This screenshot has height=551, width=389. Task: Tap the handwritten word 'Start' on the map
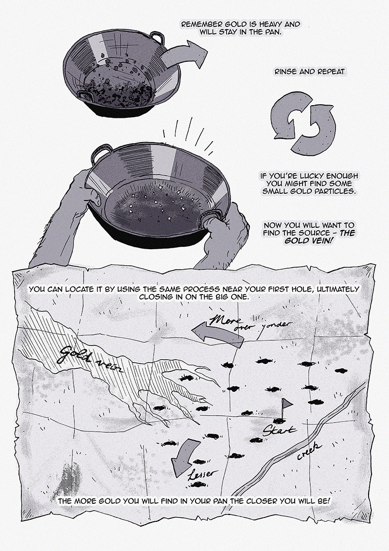pyautogui.click(x=280, y=429)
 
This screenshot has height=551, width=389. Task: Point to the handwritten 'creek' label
pyautogui.click(x=309, y=451)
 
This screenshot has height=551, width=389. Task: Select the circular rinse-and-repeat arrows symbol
pyautogui.click(x=302, y=124)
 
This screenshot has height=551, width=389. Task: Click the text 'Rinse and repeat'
pyautogui.click(x=310, y=72)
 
